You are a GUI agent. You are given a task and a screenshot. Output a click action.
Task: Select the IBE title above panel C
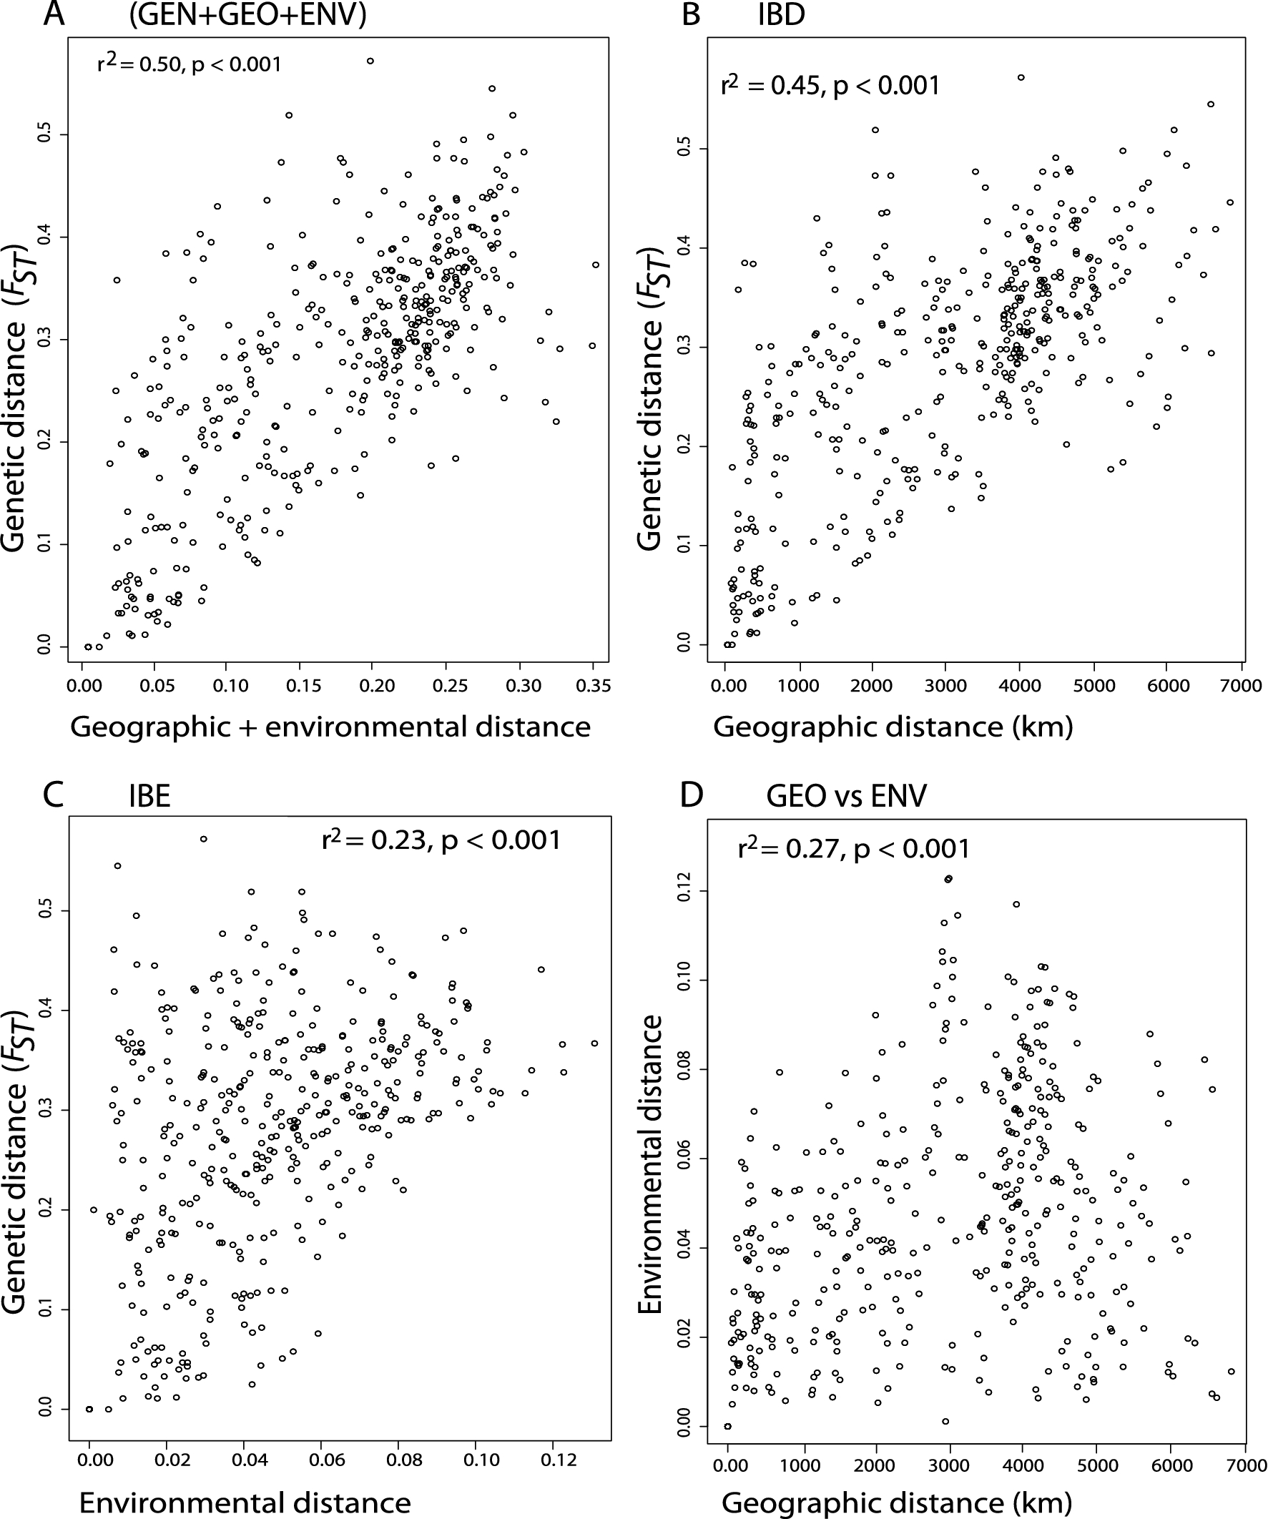click(149, 796)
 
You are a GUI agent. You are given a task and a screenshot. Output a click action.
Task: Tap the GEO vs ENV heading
click(846, 797)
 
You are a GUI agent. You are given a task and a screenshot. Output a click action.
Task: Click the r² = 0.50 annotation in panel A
click(189, 64)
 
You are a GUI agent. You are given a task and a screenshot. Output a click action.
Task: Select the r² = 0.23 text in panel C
click(441, 840)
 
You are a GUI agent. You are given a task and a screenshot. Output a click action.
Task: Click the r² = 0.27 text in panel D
click(853, 848)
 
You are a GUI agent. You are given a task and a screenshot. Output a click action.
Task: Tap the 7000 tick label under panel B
click(1241, 686)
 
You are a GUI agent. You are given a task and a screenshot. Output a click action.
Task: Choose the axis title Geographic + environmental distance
click(330, 727)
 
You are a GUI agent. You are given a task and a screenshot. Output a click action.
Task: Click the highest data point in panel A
click(370, 62)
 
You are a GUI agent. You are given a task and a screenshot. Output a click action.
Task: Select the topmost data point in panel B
click(1021, 77)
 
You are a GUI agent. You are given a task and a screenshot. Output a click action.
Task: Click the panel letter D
click(692, 796)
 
